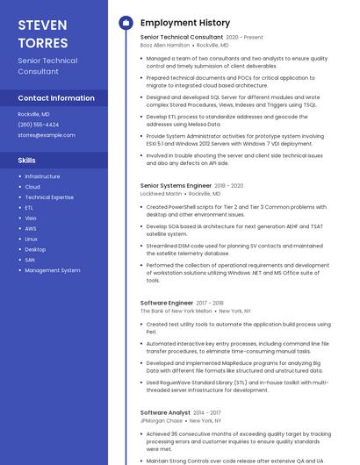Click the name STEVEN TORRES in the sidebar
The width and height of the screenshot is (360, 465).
pyautogui.click(x=43, y=33)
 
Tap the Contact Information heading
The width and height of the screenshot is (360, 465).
pyautogui.click(x=56, y=98)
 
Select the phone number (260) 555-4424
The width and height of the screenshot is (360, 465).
pyautogui.click(x=39, y=125)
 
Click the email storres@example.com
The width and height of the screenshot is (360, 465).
pyautogui.click(x=47, y=135)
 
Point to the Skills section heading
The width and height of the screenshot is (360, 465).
pyautogui.click(x=27, y=161)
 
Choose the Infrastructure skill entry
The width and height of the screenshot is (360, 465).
pyautogui.click(x=42, y=176)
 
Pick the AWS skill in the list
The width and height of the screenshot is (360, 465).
pyautogui.click(x=31, y=228)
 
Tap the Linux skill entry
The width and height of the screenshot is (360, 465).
pyautogui.click(x=32, y=239)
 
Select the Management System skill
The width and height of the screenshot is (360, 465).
pyautogui.click(x=53, y=270)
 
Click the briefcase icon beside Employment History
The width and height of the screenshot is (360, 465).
pyautogui.click(x=126, y=22)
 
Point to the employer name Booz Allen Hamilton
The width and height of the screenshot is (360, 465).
pyautogui.click(x=165, y=45)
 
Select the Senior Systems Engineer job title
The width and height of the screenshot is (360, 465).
pyautogui.click(x=176, y=186)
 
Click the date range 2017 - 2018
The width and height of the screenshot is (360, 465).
pyautogui.click(x=210, y=303)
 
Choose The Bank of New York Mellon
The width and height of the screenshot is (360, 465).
pyautogui.click(x=176, y=311)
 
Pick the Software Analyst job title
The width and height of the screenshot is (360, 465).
pyautogui.click(x=165, y=412)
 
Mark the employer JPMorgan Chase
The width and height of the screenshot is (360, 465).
pyautogui.click(x=160, y=420)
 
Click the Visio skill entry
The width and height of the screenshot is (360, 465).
pyautogui.click(x=31, y=218)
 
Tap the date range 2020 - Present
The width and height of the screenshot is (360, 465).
pyautogui.click(x=244, y=38)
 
